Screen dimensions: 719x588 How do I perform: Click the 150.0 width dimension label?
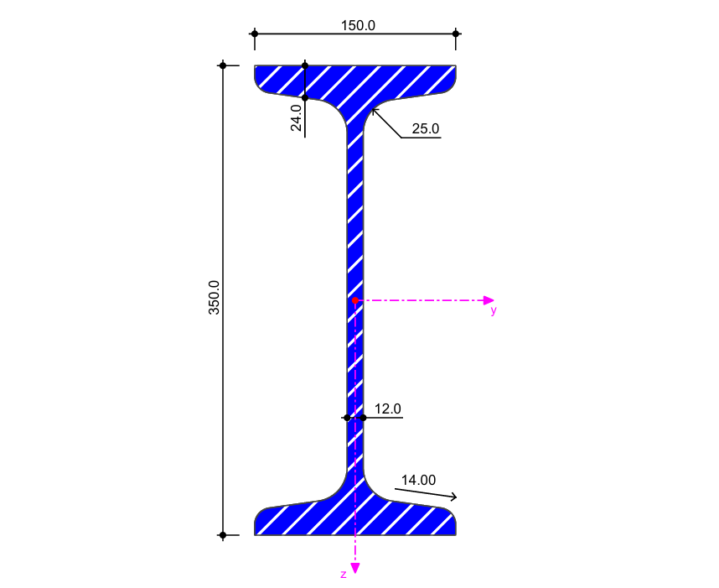[358, 26]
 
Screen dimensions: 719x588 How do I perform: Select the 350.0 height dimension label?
[215, 298]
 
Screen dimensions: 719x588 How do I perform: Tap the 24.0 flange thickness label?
[296, 118]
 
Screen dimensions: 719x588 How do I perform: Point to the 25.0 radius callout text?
[426, 128]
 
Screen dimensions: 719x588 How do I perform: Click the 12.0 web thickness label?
[388, 408]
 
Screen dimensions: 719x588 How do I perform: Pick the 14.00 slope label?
[419, 480]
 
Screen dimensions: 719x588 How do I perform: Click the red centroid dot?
[355, 300]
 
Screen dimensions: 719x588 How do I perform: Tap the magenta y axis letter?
[494, 310]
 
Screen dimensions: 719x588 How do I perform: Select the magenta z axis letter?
[344, 575]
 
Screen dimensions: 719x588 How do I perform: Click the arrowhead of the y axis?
[489, 300]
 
